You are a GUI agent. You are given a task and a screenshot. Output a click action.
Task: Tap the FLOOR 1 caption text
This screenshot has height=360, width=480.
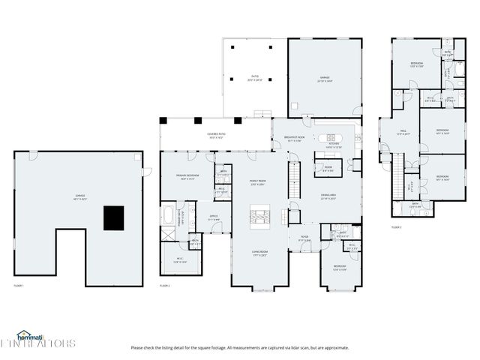19,286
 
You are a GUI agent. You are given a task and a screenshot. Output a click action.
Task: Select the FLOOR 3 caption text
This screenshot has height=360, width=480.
396,227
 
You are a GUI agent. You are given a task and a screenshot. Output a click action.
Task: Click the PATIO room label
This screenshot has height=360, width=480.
254,78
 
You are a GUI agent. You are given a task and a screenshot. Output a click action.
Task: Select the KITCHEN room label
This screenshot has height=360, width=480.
334,146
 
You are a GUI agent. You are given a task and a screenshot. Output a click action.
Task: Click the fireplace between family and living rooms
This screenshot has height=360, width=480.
259,216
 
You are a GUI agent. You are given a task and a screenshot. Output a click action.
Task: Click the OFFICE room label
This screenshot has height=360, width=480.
214,217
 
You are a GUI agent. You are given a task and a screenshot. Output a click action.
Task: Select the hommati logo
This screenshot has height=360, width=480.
33,335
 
